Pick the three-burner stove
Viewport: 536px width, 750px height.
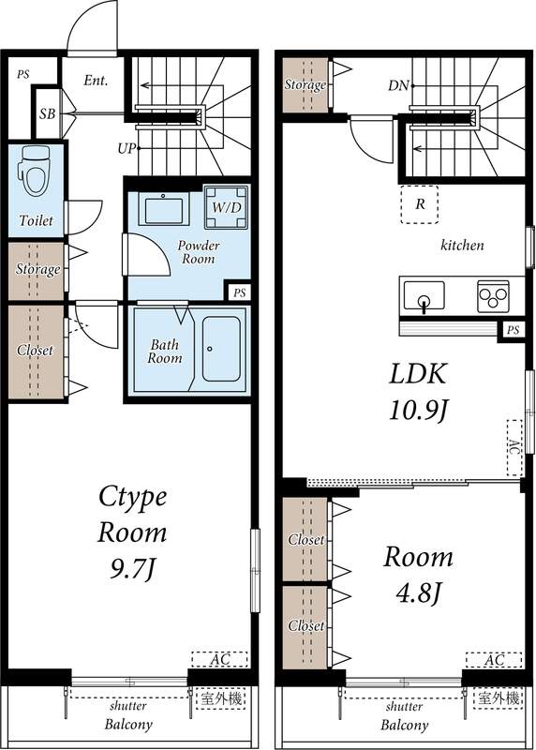point(492,296)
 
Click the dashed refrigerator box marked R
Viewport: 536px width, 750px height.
point(419,203)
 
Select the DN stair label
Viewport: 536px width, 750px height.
point(397,86)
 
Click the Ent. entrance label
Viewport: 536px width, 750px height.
point(96,81)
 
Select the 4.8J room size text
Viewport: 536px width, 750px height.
point(417,594)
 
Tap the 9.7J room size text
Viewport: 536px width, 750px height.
point(133,568)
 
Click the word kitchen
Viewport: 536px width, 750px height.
point(462,246)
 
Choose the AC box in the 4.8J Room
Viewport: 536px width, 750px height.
point(493,660)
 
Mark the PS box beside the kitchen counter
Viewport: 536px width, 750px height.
point(512,330)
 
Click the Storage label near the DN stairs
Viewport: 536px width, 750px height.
point(305,85)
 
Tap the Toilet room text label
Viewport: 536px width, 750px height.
point(37,221)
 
